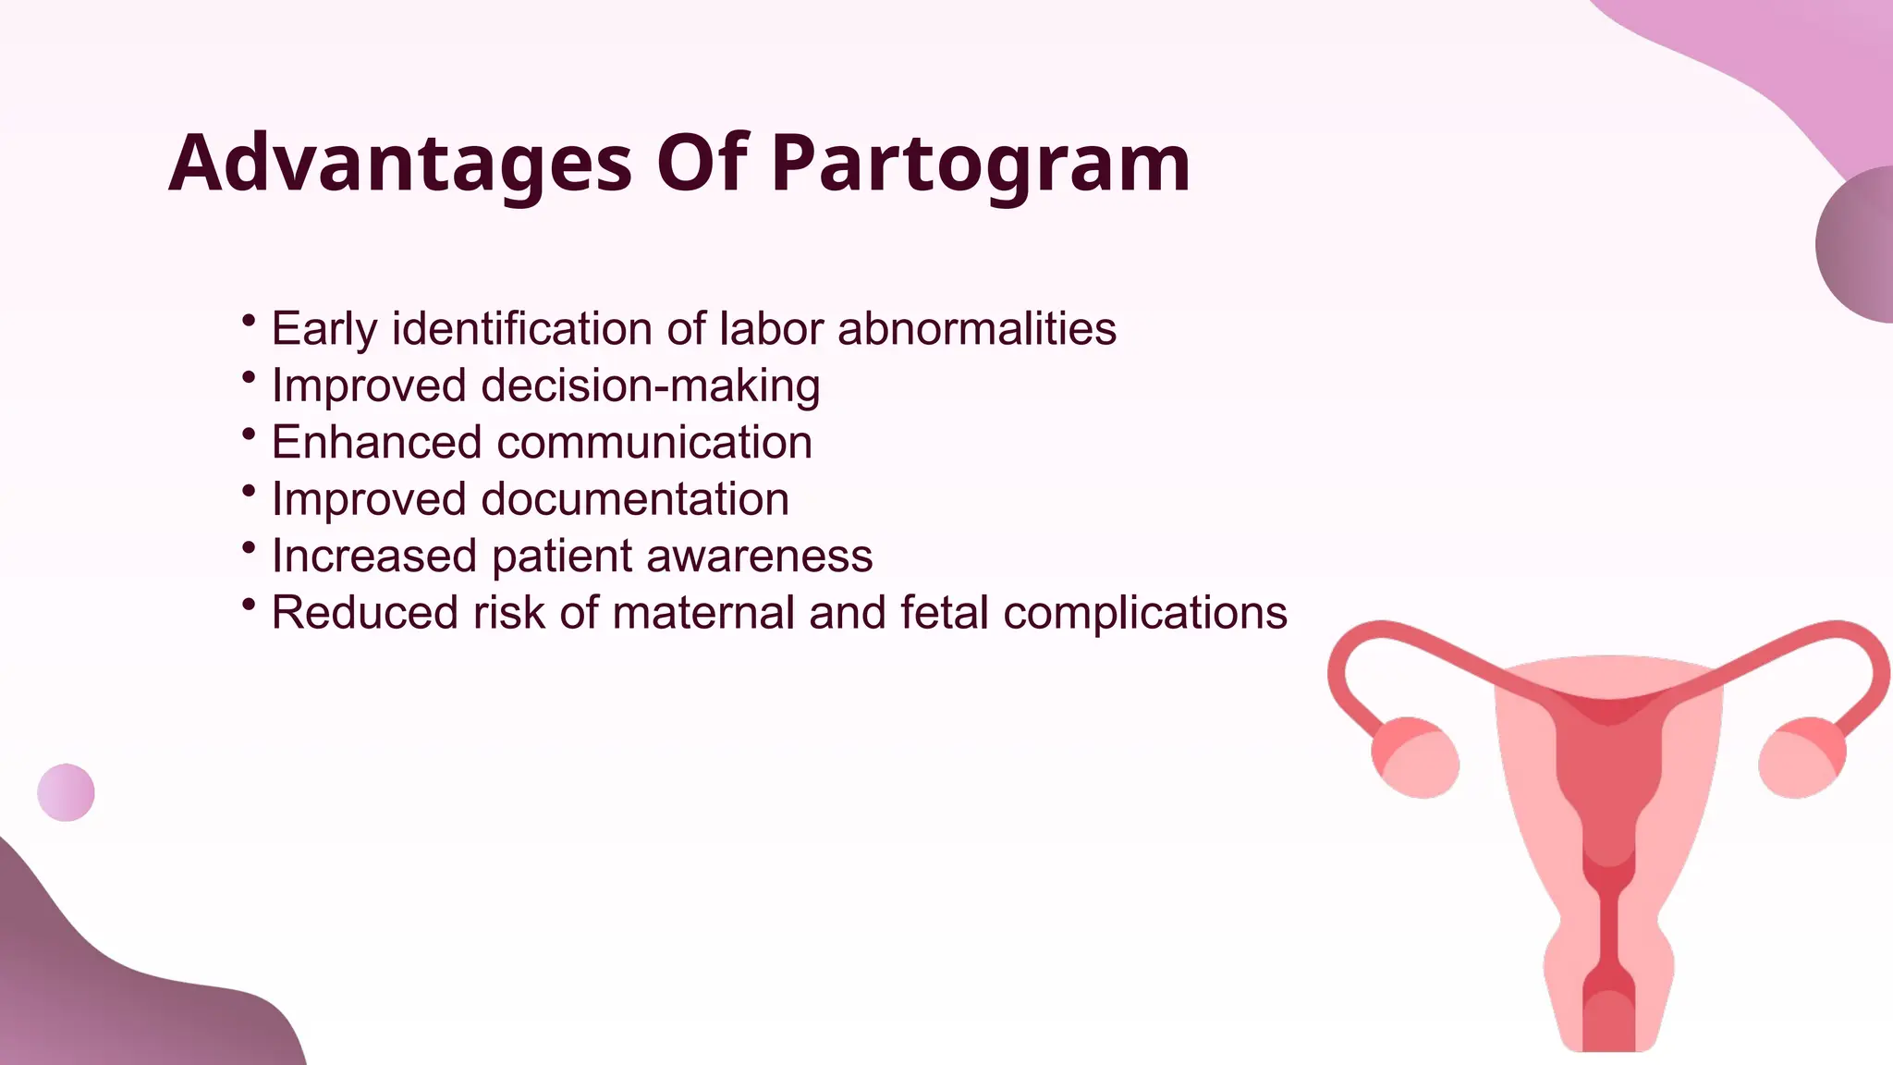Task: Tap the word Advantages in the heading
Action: click(399, 164)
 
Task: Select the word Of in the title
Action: click(702, 164)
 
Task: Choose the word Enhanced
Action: click(376, 443)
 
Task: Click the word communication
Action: click(654, 443)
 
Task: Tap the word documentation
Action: click(635, 500)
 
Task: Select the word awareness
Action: click(759, 557)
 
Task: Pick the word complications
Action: click(1145, 613)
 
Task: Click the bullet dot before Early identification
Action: click(248, 321)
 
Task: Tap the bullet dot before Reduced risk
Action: click(248, 605)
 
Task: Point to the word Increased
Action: click(373, 557)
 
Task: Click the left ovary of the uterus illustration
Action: click(1415, 757)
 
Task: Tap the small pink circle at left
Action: click(66, 792)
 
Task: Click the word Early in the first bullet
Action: click(324, 329)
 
